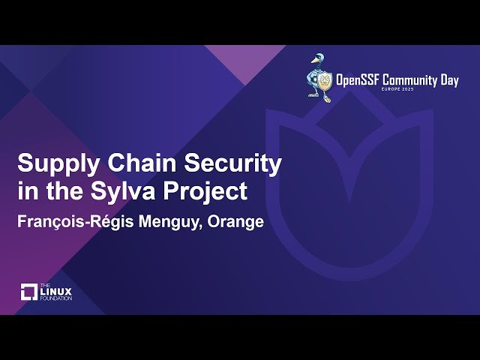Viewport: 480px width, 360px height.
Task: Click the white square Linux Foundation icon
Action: point(29,292)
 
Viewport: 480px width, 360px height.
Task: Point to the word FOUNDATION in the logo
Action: point(56,298)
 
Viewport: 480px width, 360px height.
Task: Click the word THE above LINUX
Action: point(45,285)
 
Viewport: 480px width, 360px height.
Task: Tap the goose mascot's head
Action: point(318,59)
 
